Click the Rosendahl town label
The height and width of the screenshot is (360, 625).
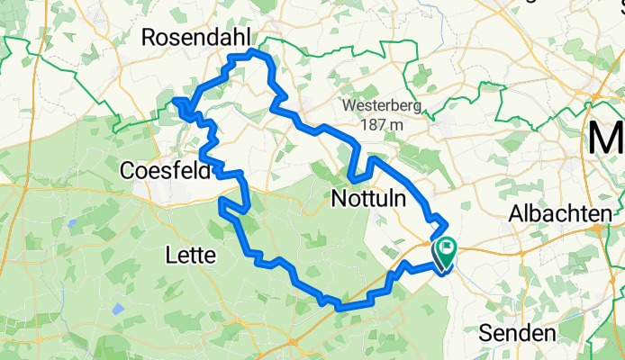198,38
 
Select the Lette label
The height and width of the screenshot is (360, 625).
191,256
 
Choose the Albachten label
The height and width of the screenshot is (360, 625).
561,213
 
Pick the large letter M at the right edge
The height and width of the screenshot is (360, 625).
606,139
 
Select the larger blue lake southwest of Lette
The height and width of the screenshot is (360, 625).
118,309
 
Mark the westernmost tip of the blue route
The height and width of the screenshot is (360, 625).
174,100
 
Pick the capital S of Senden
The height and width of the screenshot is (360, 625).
485,334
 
